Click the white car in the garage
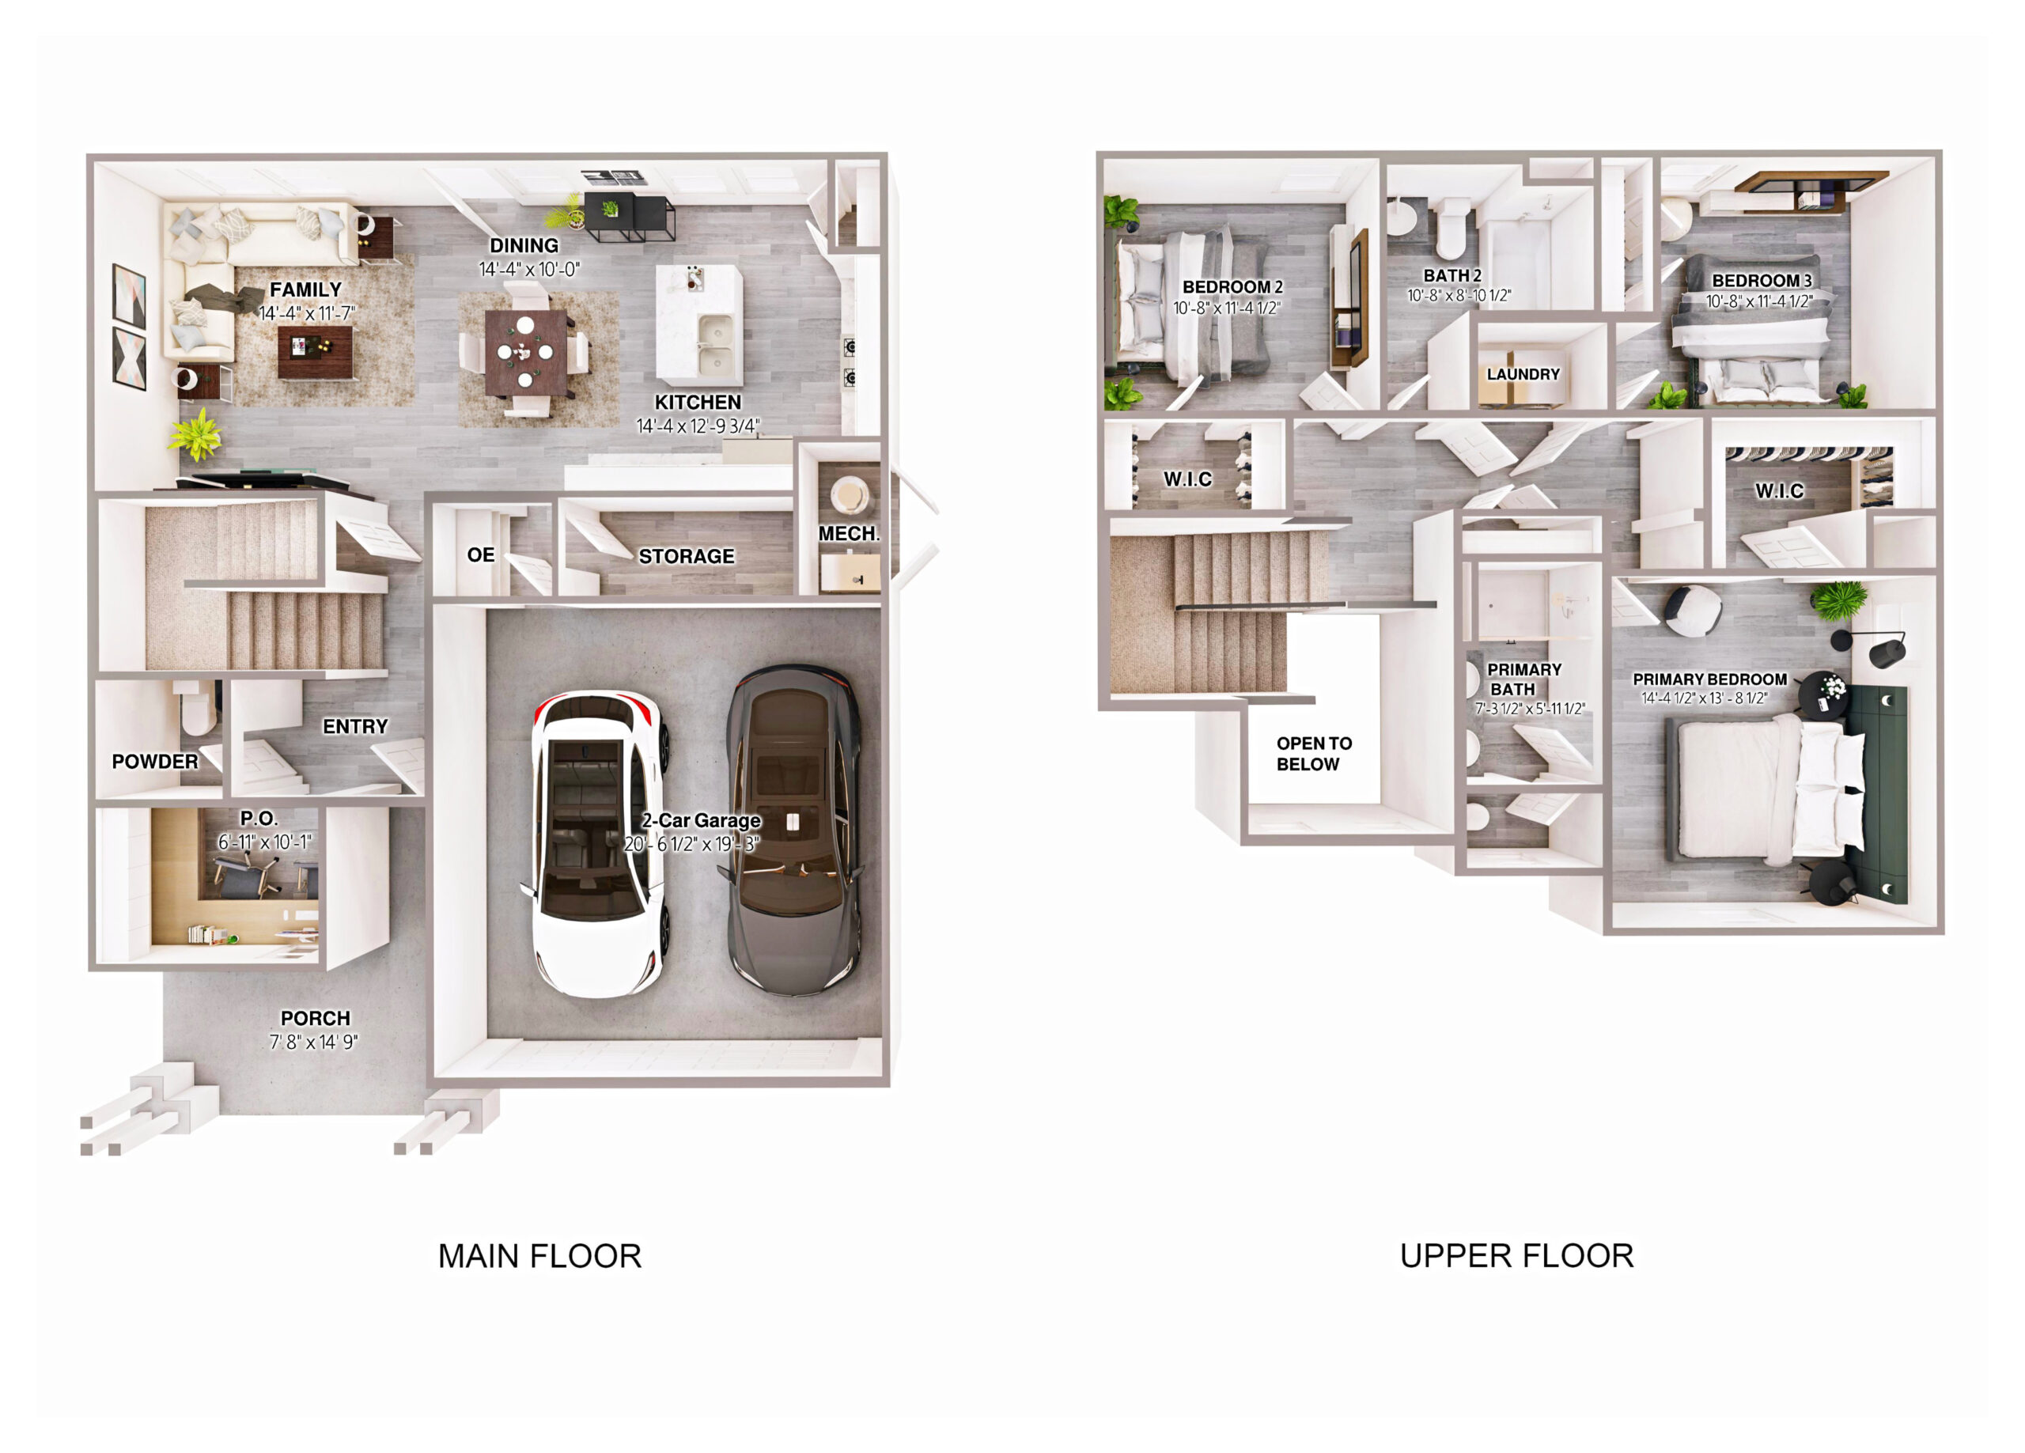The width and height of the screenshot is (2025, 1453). click(x=596, y=843)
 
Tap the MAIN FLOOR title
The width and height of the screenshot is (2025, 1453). click(x=539, y=1257)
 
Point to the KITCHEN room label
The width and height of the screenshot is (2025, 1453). click(x=698, y=403)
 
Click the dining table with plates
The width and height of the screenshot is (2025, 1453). click(x=526, y=352)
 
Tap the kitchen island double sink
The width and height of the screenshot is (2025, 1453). click(x=715, y=345)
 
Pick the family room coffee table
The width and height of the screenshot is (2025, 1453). click(x=314, y=352)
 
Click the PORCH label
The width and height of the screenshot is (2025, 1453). click(x=315, y=1018)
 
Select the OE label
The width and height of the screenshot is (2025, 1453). click(x=480, y=554)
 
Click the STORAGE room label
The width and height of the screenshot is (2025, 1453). click(x=686, y=556)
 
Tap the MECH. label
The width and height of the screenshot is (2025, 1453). click(x=849, y=534)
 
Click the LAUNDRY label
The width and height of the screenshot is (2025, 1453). click(x=1523, y=374)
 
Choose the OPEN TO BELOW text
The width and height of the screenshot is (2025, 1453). click(x=1313, y=754)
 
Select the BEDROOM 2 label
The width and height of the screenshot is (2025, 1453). click(x=1232, y=286)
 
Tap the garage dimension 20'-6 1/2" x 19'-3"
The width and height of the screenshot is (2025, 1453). click(x=692, y=844)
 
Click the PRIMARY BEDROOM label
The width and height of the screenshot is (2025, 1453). click(x=1710, y=679)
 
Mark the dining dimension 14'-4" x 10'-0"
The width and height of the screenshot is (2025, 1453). click(x=529, y=269)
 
